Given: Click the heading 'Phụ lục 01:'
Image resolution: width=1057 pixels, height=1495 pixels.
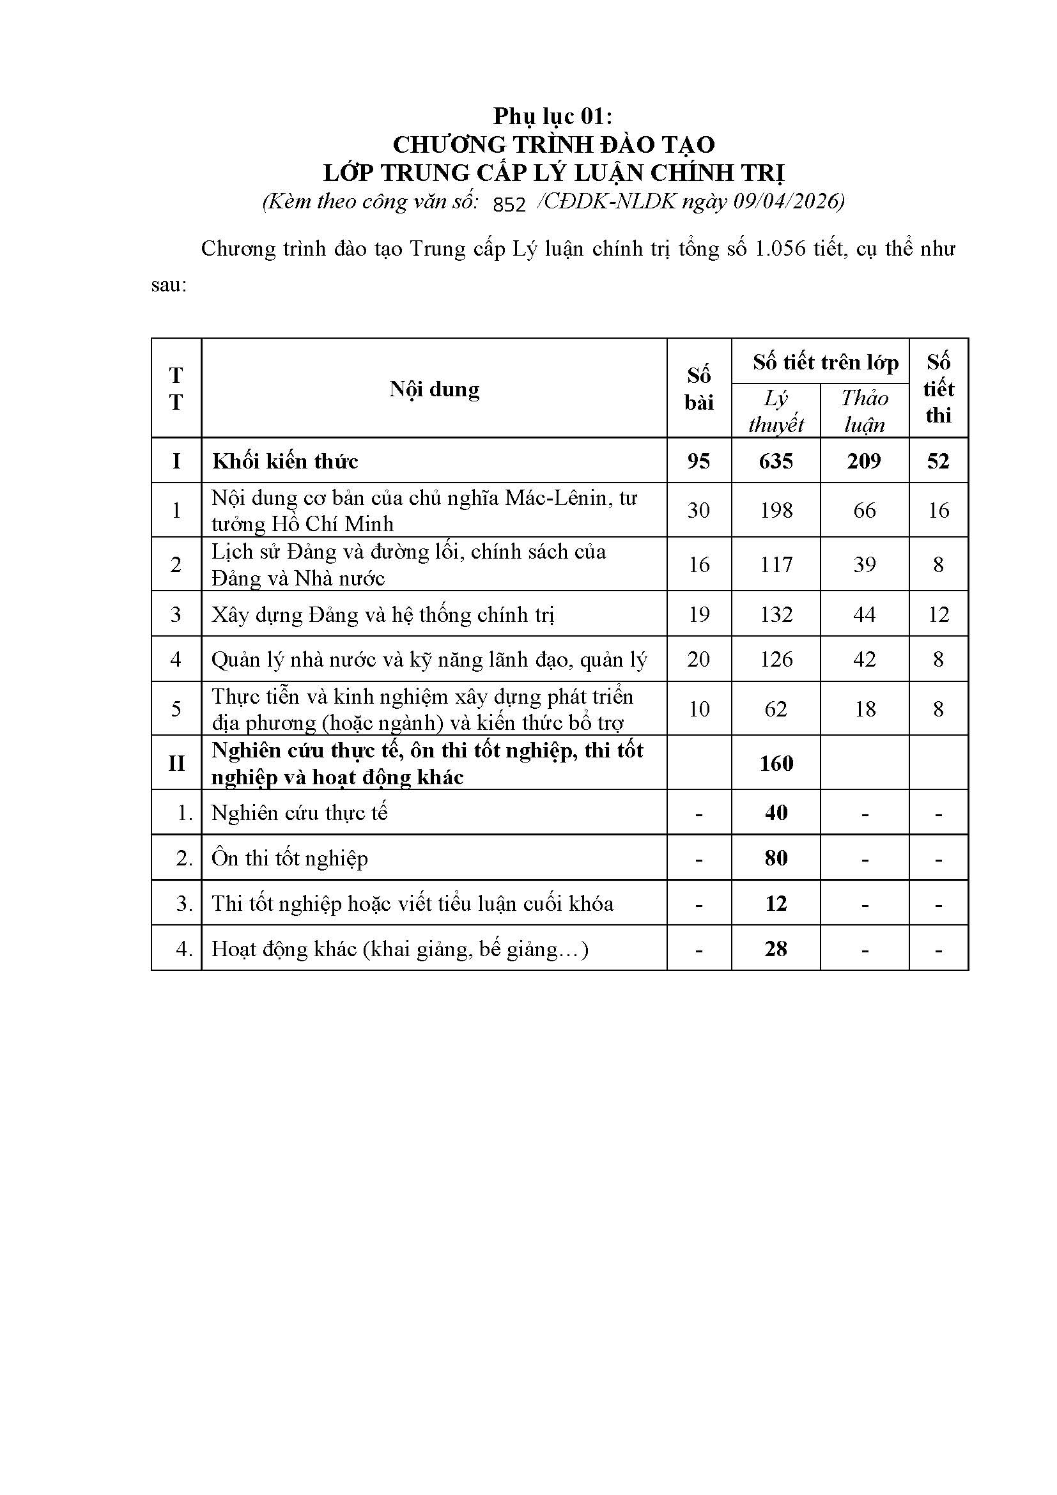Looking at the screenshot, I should tap(553, 116).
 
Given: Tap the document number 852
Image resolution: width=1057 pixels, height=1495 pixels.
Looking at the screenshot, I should tap(509, 205).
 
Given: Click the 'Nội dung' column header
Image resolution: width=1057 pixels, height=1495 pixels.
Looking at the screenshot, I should tap(434, 389).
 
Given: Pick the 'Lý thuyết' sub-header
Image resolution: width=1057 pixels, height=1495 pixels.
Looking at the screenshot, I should tap(776, 411).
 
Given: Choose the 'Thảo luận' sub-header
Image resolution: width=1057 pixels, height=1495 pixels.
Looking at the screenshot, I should tap(865, 411).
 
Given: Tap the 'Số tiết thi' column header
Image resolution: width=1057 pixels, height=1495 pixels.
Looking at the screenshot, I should tap(939, 389).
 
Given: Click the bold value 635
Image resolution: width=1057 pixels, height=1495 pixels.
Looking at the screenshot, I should tap(776, 461).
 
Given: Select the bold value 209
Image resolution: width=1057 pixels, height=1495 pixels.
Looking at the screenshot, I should tap(865, 461).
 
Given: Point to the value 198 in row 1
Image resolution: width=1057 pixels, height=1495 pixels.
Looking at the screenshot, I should tap(776, 510).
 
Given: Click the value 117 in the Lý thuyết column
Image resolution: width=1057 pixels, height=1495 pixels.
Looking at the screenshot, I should tap(776, 564).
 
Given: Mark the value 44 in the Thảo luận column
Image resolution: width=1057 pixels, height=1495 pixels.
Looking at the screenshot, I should tap(865, 614).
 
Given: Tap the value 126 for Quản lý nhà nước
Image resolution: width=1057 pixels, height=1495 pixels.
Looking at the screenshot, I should tap(776, 659).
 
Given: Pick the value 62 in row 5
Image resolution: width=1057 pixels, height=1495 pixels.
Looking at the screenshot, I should tap(776, 708).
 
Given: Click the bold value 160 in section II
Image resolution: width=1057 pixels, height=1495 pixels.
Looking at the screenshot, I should tap(776, 763).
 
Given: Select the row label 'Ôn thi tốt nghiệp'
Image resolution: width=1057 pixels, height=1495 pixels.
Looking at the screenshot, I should tap(289, 858).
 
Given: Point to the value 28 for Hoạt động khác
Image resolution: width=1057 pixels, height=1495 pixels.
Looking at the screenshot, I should tap(776, 949).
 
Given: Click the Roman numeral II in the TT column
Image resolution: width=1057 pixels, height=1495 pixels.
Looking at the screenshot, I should tap(176, 763).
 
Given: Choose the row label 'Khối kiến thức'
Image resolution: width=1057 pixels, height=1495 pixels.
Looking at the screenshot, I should tap(285, 461).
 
